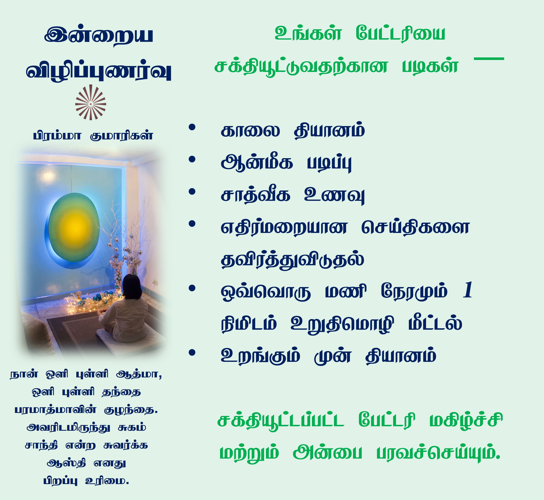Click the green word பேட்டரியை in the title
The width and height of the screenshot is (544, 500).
click(400, 34)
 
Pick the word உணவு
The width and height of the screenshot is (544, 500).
click(334, 195)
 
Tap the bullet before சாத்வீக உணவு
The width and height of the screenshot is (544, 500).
click(192, 192)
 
